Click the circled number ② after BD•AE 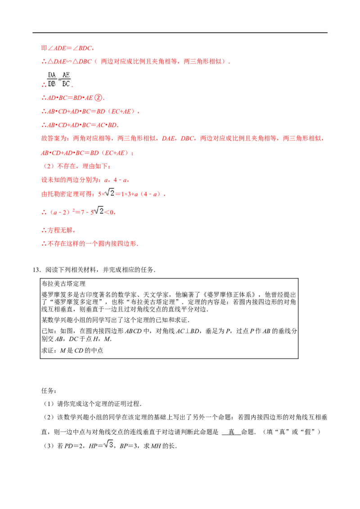[98, 98]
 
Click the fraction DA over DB [52, 80]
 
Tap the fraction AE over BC [66, 80]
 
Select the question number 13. [36, 270]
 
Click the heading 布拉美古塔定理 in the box [64, 284]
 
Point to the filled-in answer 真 [231, 432]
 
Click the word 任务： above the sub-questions [49, 390]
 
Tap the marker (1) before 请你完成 [49, 404]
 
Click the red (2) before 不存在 [49, 166]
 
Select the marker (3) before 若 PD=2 [49, 446]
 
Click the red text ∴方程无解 [58, 230]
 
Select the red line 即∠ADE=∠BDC [67, 48]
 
